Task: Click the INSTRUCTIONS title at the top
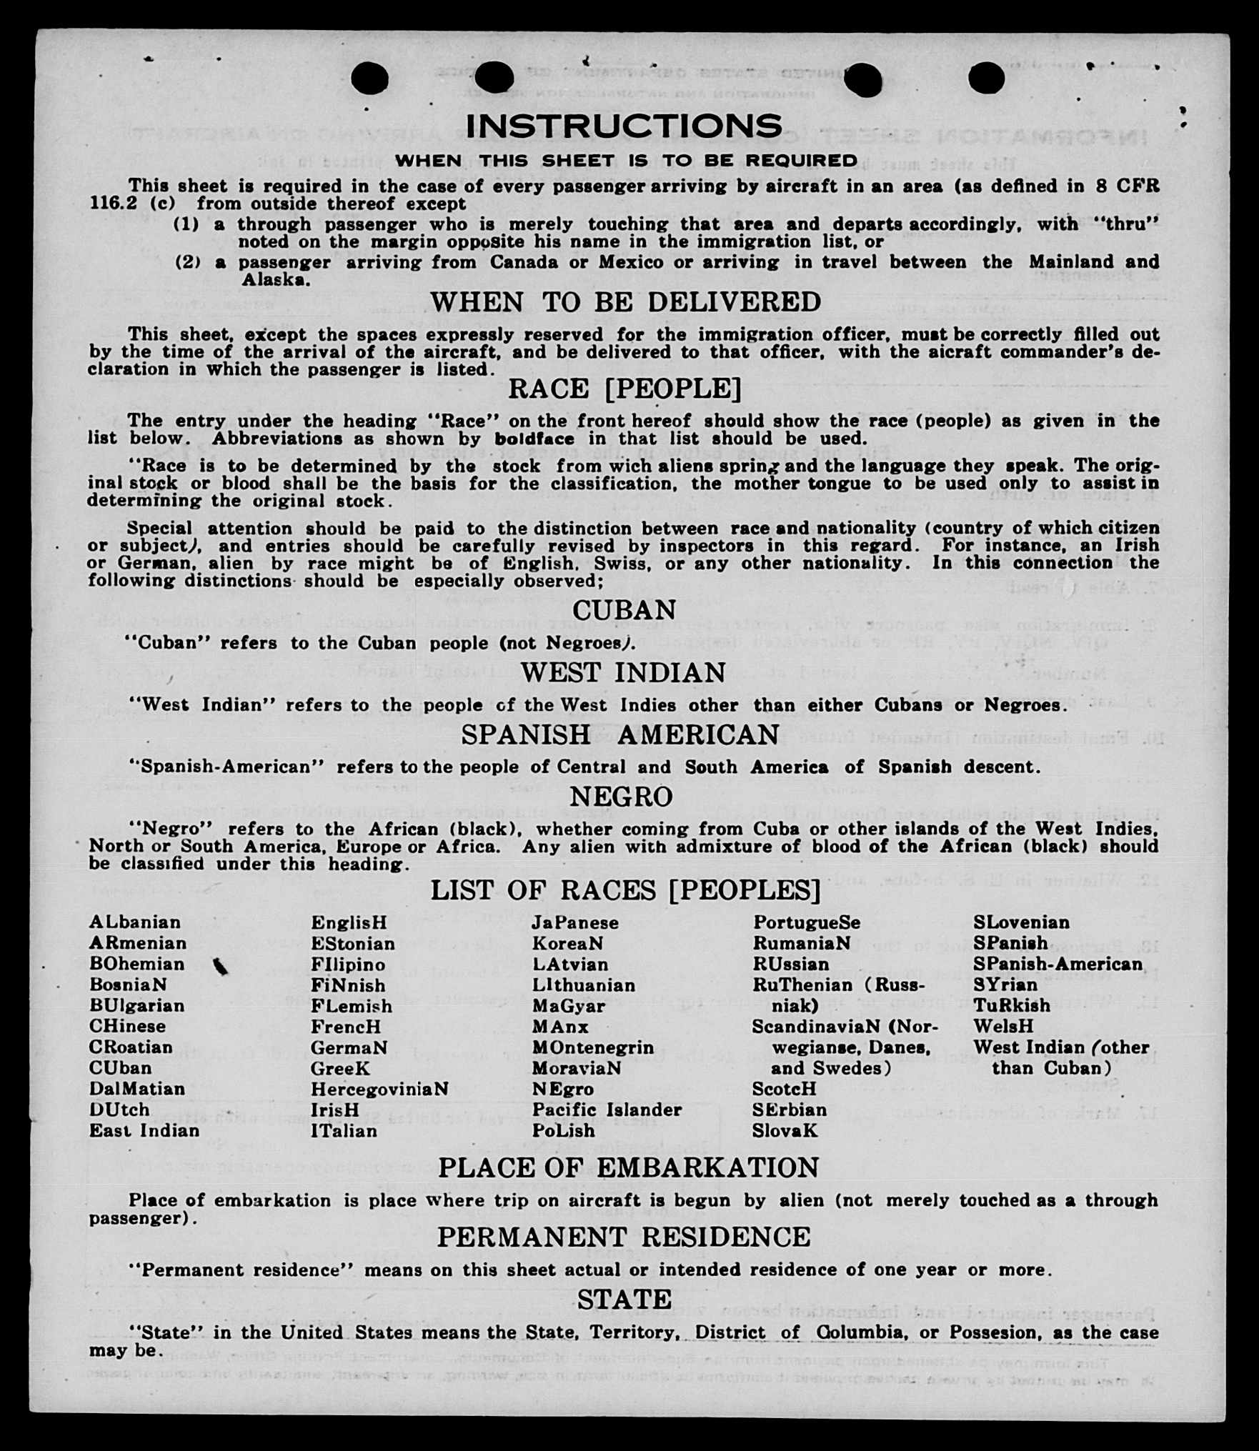click(624, 126)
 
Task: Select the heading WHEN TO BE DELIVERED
click(625, 302)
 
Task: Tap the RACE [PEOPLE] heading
click(624, 389)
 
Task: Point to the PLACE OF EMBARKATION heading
click(628, 1167)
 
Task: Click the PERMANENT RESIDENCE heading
click(624, 1237)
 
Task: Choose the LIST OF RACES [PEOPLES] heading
click(625, 890)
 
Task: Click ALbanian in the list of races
click(135, 922)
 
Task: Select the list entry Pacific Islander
click(607, 1110)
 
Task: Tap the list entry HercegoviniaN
click(379, 1089)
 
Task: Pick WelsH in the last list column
click(1003, 1027)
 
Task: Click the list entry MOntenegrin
click(592, 1047)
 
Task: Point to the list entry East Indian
click(144, 1131)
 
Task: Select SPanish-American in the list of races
click(1058, 964)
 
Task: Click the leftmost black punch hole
click(370, 78)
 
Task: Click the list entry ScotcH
click(784, 1089)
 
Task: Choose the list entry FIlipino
click(348, 964)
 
